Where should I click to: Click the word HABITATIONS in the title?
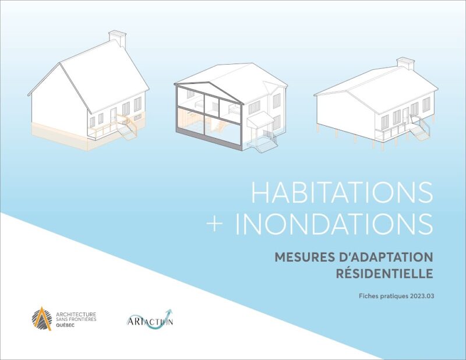(x=342, y=193)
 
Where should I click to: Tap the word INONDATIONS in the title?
(x=337, y=224)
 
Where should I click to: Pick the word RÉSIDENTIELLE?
(x=384, y=273)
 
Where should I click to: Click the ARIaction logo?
(x=150, y=319)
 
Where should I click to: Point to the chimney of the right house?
(x=405, y=63)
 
